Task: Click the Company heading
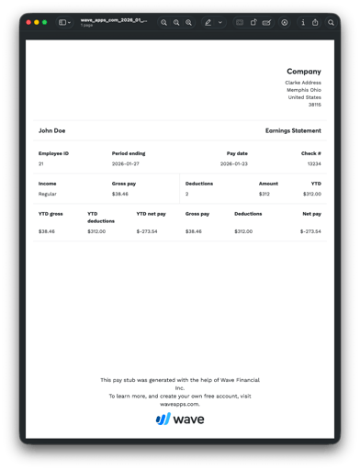[304, 72]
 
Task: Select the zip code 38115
[315, 105]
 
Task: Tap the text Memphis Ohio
[304, 90]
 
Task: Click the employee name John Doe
[51, 130]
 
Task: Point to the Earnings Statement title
[293, 130]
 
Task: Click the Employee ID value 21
[41, 163]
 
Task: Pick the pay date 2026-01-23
[234, 163]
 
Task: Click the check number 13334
[314, 163]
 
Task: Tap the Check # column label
[312, 153]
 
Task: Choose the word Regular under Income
[48, 194]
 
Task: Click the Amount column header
[268, 184]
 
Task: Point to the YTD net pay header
[152, 214]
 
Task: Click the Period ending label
[129, 153]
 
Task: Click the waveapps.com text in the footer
[180, 403]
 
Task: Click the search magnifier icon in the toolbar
[332, 22]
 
